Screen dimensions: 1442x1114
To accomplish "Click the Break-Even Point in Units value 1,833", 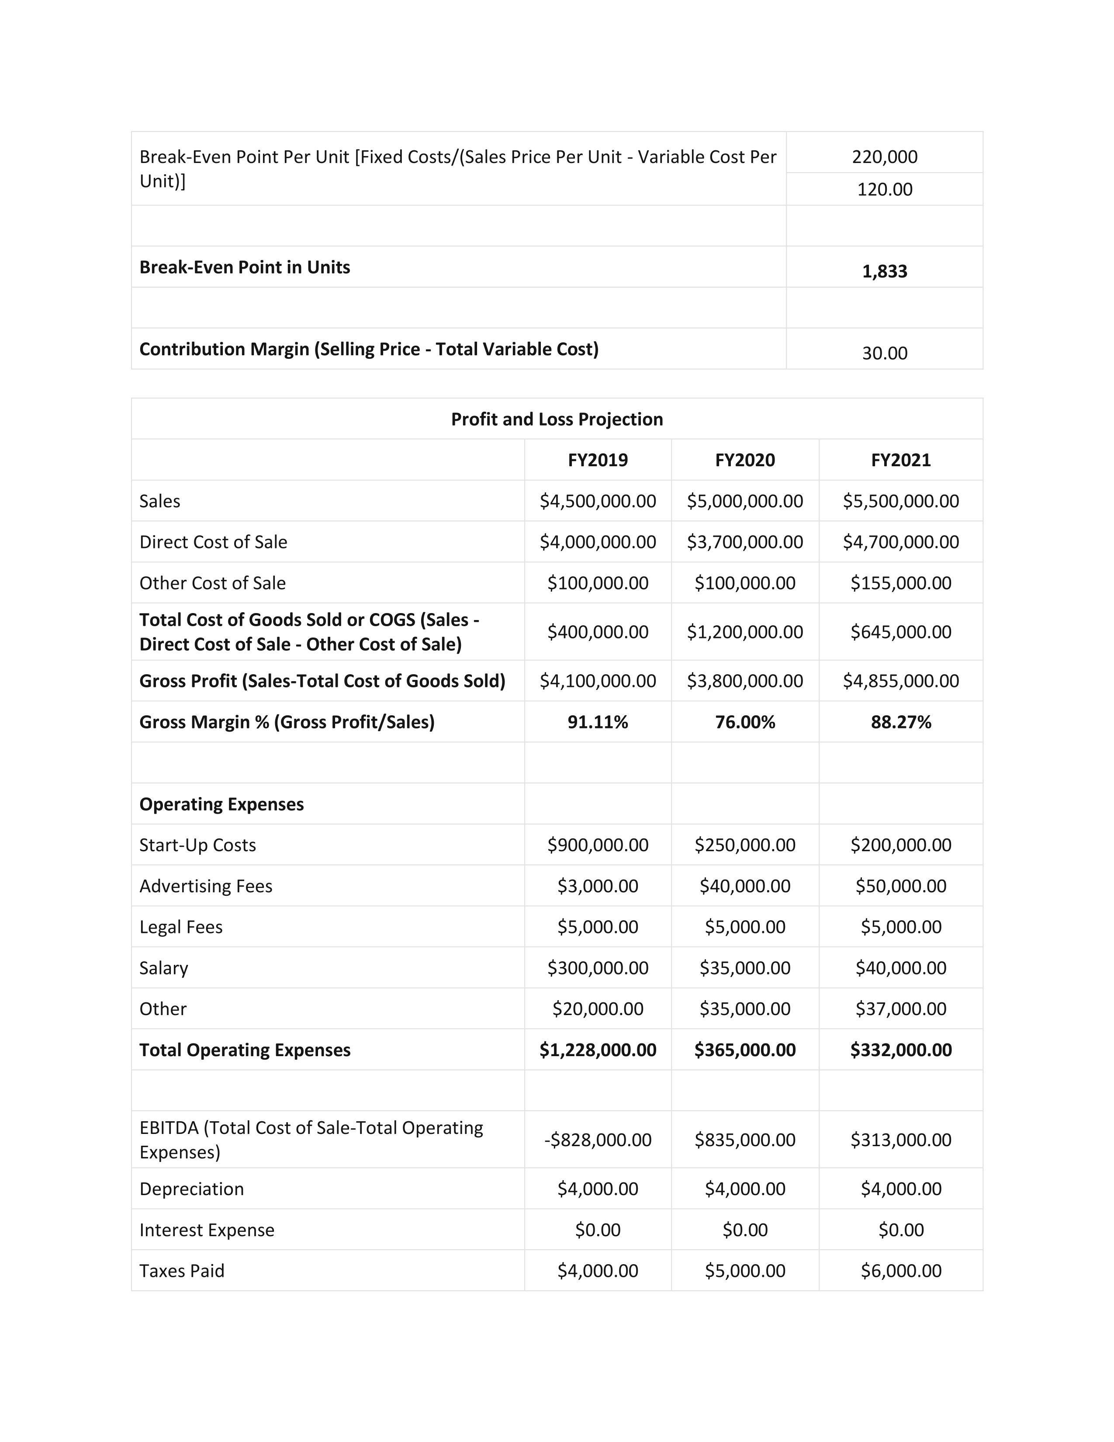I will [884, 271].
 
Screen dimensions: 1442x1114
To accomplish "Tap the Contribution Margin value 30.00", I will [884, 353].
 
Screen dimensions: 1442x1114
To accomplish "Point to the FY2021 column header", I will [900, 460].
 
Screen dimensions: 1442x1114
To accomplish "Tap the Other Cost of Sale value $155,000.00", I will [900, 583].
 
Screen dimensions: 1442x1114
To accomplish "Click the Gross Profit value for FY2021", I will [900, 681].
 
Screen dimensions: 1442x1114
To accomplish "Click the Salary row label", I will [164, 968].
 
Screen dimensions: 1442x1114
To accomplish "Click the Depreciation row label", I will [191, 1189].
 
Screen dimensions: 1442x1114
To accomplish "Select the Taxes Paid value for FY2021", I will [900, 1271].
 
